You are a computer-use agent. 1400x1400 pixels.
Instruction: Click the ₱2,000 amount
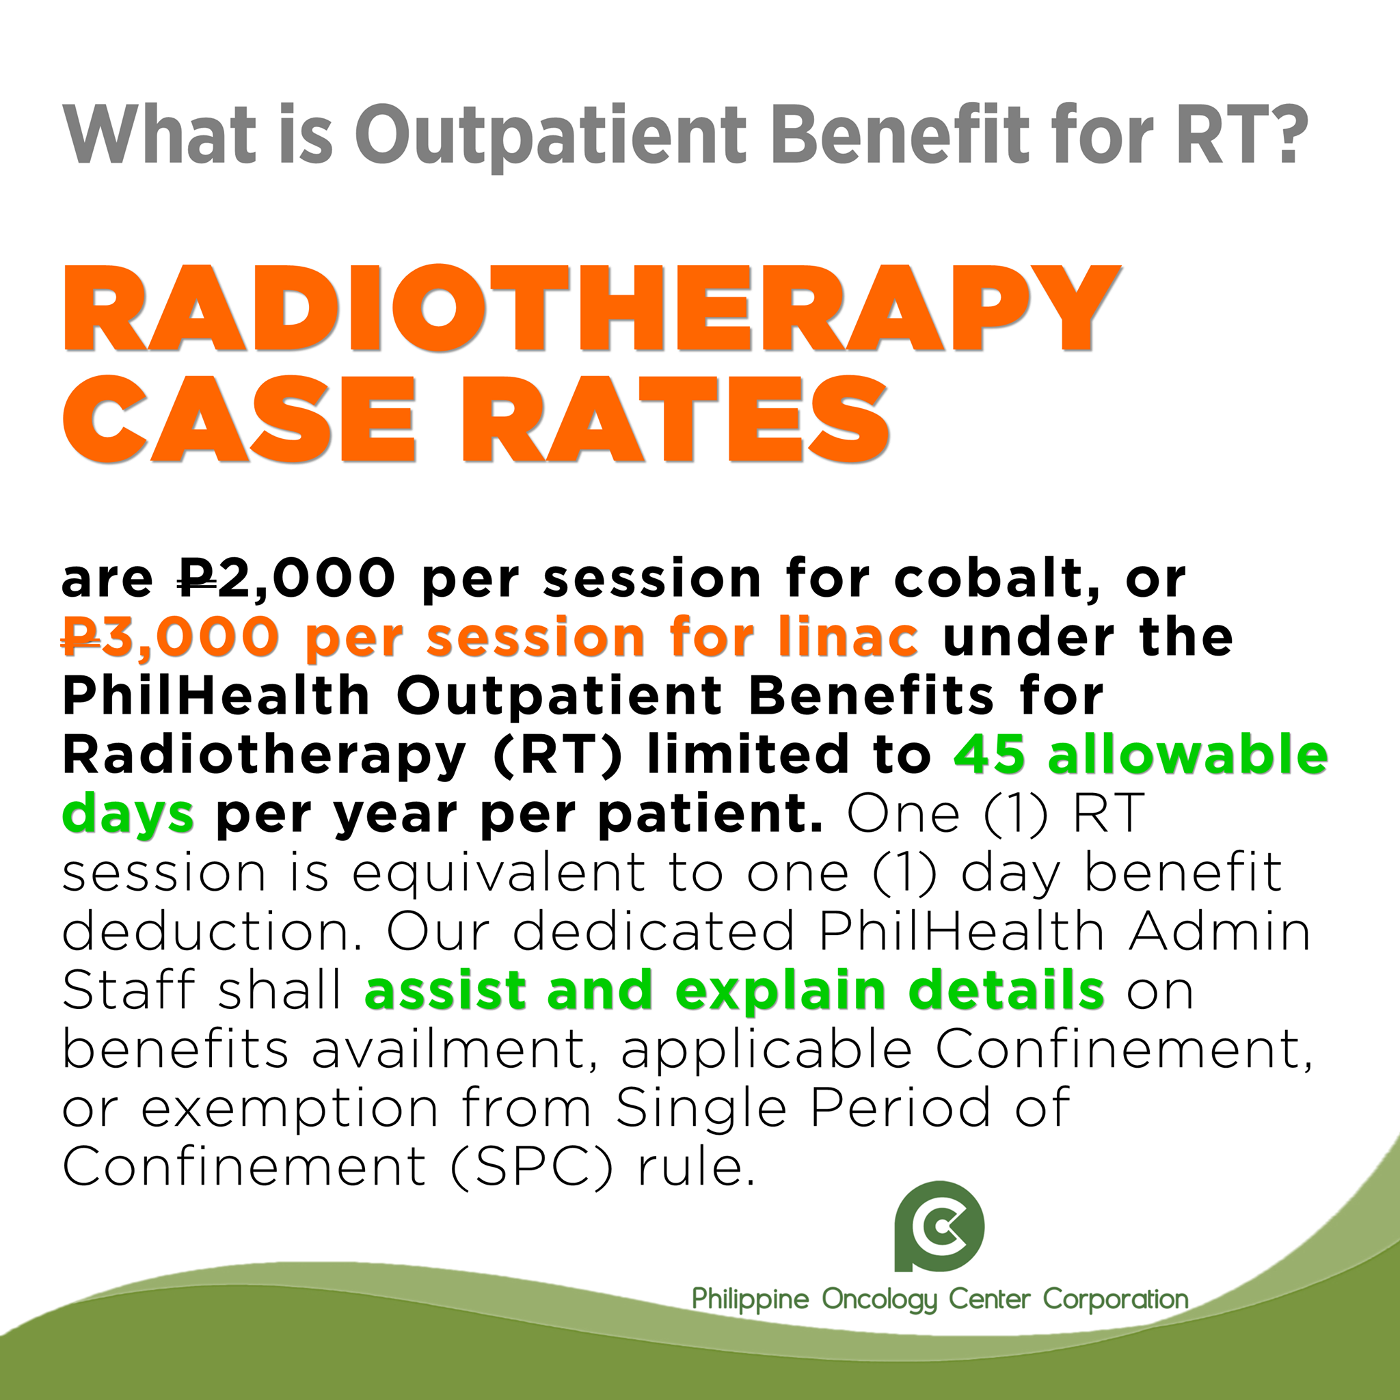287,580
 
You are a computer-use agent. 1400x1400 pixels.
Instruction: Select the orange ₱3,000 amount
170,638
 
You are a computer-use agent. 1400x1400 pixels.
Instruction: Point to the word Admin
1220,931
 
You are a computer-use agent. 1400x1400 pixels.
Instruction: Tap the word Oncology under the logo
880,1320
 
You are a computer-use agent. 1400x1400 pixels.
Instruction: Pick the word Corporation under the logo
1116,1320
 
